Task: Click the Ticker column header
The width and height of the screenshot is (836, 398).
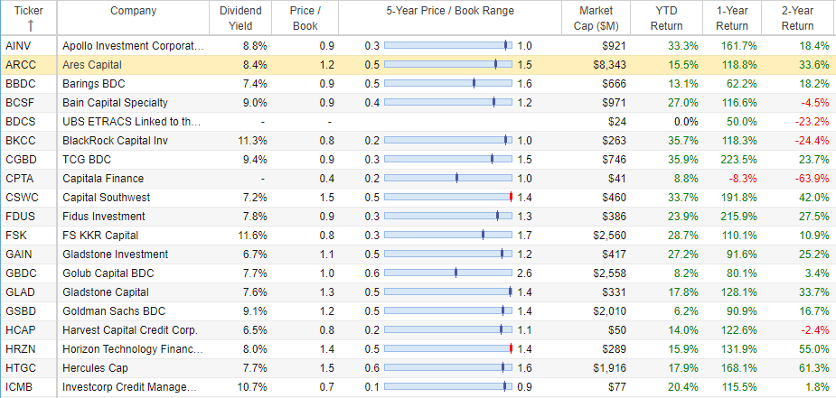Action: [29, 11]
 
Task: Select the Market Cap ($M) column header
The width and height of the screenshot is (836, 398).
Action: [596, 18]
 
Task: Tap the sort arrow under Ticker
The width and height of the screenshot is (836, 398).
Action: [31, 25]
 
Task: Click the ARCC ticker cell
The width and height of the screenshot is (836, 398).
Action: [20, 65]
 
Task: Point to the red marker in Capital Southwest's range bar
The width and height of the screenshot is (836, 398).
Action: [511, 198]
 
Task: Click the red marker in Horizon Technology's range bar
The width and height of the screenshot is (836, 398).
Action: [511, 349]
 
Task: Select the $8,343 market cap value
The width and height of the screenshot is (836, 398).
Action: [609, 65]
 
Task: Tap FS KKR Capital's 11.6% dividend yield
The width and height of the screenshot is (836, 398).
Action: [252, 236]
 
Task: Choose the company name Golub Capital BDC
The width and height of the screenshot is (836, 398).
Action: [108, 273]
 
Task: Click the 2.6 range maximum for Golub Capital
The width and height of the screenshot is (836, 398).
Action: [524, 273]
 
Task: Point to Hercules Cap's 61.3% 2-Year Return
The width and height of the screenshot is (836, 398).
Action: [813, 367]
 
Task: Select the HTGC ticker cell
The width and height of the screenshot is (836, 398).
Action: [21, 367]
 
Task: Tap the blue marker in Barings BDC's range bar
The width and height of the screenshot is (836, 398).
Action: [474, 84]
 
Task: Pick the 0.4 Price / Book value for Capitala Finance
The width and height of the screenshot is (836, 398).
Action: [327, 179]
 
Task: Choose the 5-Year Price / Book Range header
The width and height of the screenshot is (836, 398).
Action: [450, 11]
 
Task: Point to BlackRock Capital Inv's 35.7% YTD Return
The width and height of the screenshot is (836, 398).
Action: [683, 141]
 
